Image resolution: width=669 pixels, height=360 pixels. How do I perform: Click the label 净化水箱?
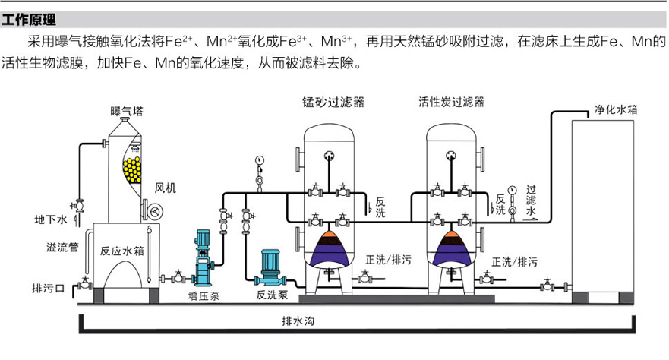pos(614,109)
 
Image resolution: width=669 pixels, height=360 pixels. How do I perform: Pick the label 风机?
pos(165,187)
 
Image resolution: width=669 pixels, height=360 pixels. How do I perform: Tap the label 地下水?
pos(52,220)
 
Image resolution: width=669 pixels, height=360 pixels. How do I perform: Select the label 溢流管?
pos(57,248)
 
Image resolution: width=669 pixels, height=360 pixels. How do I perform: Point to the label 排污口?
pos(49,289)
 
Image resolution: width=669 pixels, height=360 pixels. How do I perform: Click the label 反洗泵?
pos(270,294)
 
